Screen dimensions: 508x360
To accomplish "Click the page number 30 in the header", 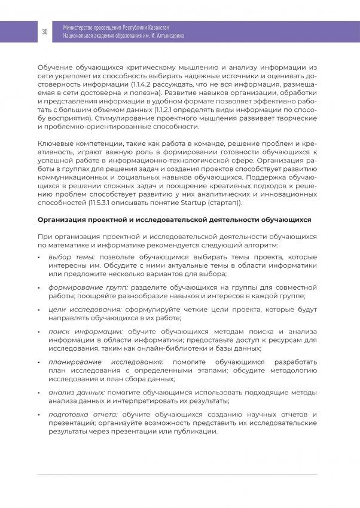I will [x=45, y=32].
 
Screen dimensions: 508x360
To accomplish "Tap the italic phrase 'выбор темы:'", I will [x=68, y=256].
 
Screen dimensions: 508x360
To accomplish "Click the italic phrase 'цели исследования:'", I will [x=77, y=310].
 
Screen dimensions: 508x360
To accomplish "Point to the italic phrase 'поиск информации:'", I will [x=78, y=331].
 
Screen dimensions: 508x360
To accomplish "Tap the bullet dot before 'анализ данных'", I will [x=39, y=393].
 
